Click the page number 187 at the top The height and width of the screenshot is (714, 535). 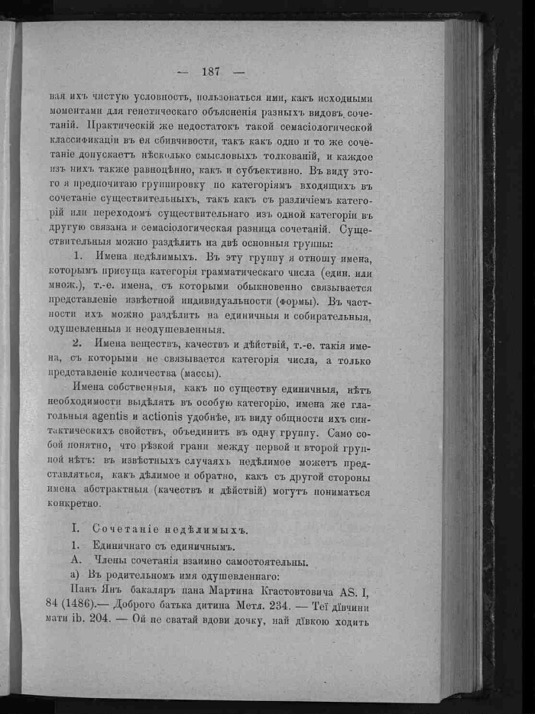(211, 72)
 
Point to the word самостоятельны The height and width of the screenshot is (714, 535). (266, 561)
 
